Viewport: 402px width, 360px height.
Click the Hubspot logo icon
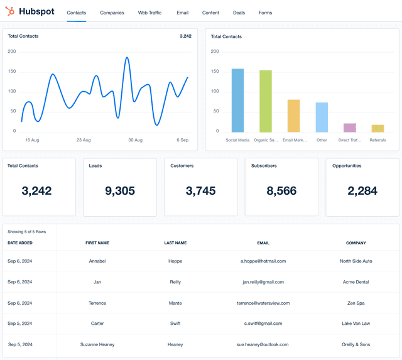pos(10,12)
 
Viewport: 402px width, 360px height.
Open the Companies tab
pos(112,13)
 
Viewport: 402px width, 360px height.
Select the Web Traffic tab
pos(149,13)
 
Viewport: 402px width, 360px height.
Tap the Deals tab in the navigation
pos(239,13)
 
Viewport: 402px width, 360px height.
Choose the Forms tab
pos(265,13)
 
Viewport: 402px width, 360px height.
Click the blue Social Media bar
pos(237,101)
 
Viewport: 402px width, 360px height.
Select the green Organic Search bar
pos(266,101)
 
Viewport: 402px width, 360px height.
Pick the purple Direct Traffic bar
pos(350,128)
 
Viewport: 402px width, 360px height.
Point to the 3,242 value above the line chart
pos(185,36)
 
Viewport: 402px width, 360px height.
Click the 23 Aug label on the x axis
pos(84,140)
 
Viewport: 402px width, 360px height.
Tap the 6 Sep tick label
pos(182,140)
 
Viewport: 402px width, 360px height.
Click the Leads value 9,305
pos(119,191)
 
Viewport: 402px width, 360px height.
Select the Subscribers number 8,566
pos(281,191)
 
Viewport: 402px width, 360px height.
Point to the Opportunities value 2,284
pos(362,191)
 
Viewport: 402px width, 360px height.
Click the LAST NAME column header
pos(175,243)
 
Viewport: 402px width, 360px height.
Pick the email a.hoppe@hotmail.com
pos(263,261)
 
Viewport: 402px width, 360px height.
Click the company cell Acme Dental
pos(356,282)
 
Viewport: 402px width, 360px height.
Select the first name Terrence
pos(97,303)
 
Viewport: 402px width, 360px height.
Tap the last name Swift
pos(175,324)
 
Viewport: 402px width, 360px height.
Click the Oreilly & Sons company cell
pos(356,344)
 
